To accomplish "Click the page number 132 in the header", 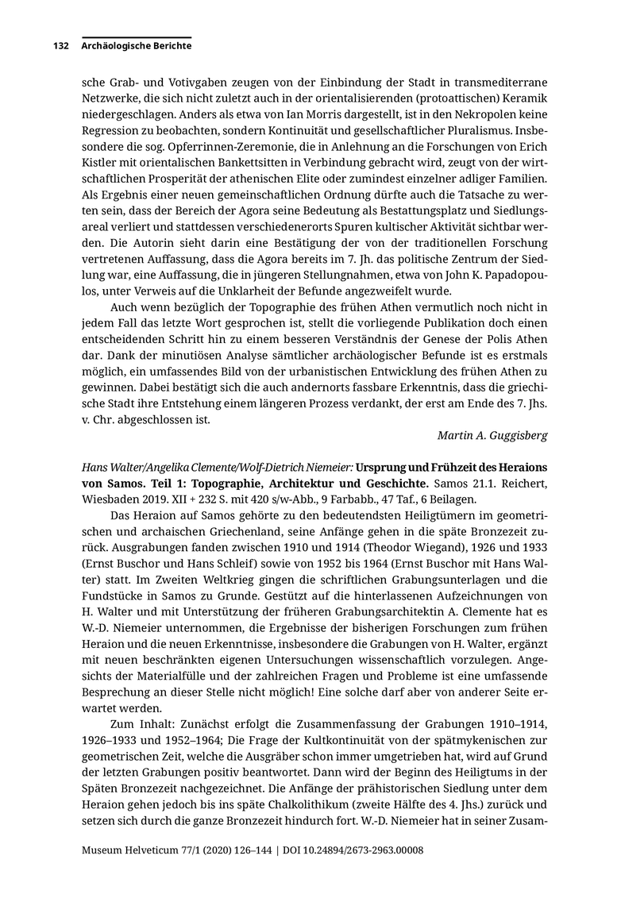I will pyautogui.click(x=62, y=46).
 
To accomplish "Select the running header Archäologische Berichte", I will pyautogui.click(x=136, y=46).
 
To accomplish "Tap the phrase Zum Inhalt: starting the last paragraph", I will pyautogui.click(x=139, y=726).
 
